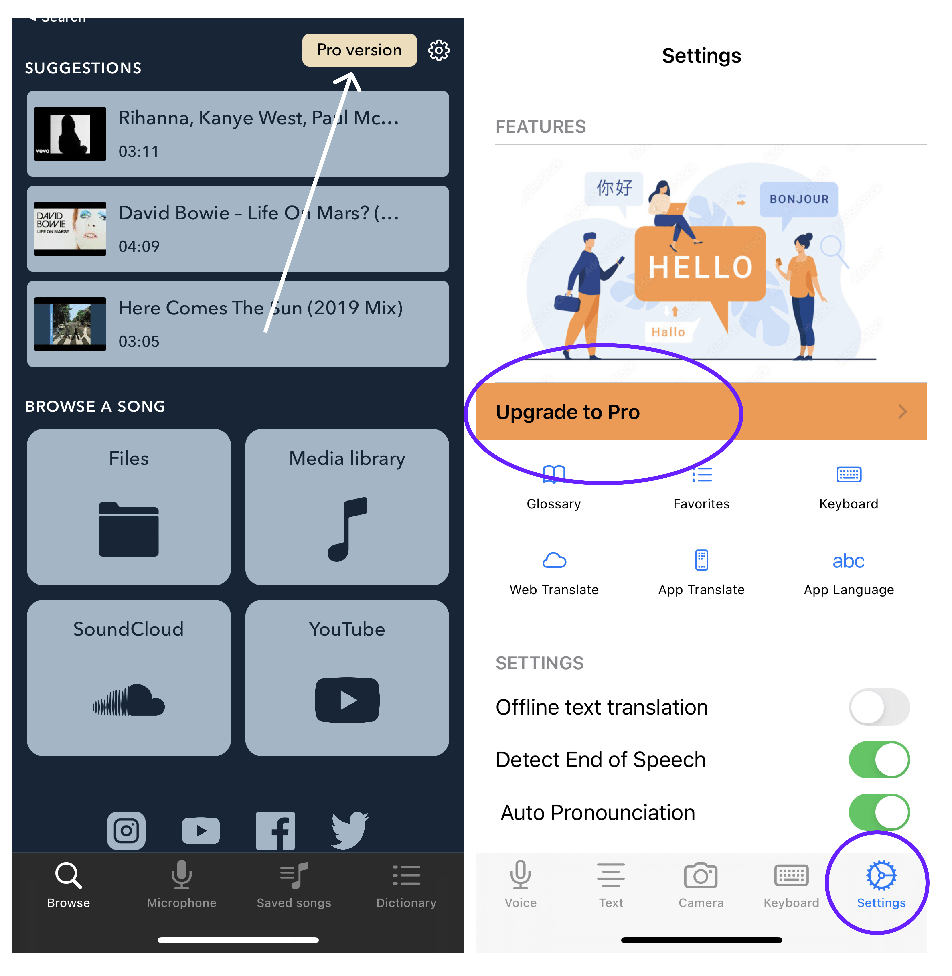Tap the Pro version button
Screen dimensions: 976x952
click(359, 50)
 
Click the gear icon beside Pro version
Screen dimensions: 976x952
click(439, 50)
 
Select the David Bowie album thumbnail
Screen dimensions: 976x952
click(70, 229)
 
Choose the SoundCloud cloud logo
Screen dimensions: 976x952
click(129, 700)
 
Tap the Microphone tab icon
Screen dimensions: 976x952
click(181, 875)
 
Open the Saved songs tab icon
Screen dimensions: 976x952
click(294, 875)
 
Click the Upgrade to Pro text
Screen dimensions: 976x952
click(567, 412)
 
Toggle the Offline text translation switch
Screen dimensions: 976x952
click(879, 707)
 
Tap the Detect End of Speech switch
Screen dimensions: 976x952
click(879, 759)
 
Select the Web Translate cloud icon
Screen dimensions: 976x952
click(554, 561)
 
